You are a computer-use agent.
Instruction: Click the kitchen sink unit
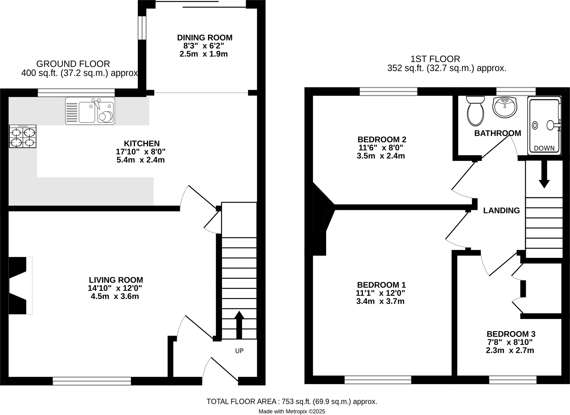click(90, 111)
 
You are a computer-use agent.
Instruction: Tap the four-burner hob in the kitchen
click(23, 136)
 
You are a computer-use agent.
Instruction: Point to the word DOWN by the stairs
click(544, 149)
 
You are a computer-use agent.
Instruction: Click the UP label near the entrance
click(239, 351)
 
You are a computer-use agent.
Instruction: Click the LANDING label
click(501, 211)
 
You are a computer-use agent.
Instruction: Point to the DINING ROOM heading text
click(205, 38)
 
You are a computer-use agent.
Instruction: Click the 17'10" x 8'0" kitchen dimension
click(141, 152)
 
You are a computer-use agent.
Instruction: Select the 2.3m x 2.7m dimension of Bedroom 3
click(510, 350)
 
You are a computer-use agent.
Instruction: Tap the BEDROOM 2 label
click(382, 139)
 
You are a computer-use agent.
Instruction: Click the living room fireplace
click(20, 286)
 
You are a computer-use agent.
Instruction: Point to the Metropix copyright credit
click(291, 411)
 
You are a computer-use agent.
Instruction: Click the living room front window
click(92, 381)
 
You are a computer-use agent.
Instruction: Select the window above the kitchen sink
click(76, 92)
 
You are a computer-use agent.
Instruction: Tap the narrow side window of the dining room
click(142, 28)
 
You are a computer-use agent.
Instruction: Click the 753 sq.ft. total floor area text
click(292, 401)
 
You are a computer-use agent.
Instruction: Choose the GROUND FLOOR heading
click(73, 64)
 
